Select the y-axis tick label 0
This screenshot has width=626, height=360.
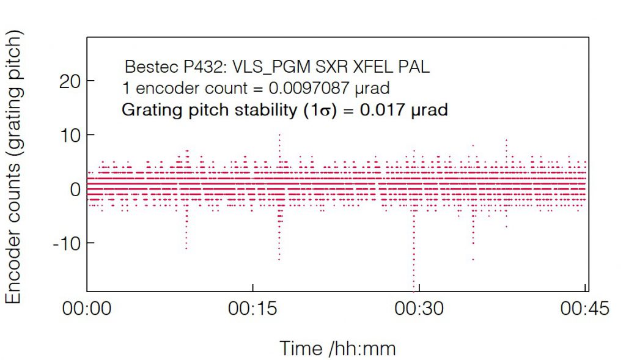[x=75, y=189]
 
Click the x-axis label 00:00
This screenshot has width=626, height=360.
[x=87, y=309]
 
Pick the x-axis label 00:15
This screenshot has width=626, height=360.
[x=252, y=309]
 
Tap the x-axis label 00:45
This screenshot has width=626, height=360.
[x=585, y=309]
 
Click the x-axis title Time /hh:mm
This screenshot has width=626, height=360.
[x=337, y=348]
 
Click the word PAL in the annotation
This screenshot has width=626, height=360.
[x=416, y=67]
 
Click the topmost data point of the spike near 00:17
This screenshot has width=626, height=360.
[x=279, y=134]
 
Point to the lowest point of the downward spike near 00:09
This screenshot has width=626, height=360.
[x=186, y=249]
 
